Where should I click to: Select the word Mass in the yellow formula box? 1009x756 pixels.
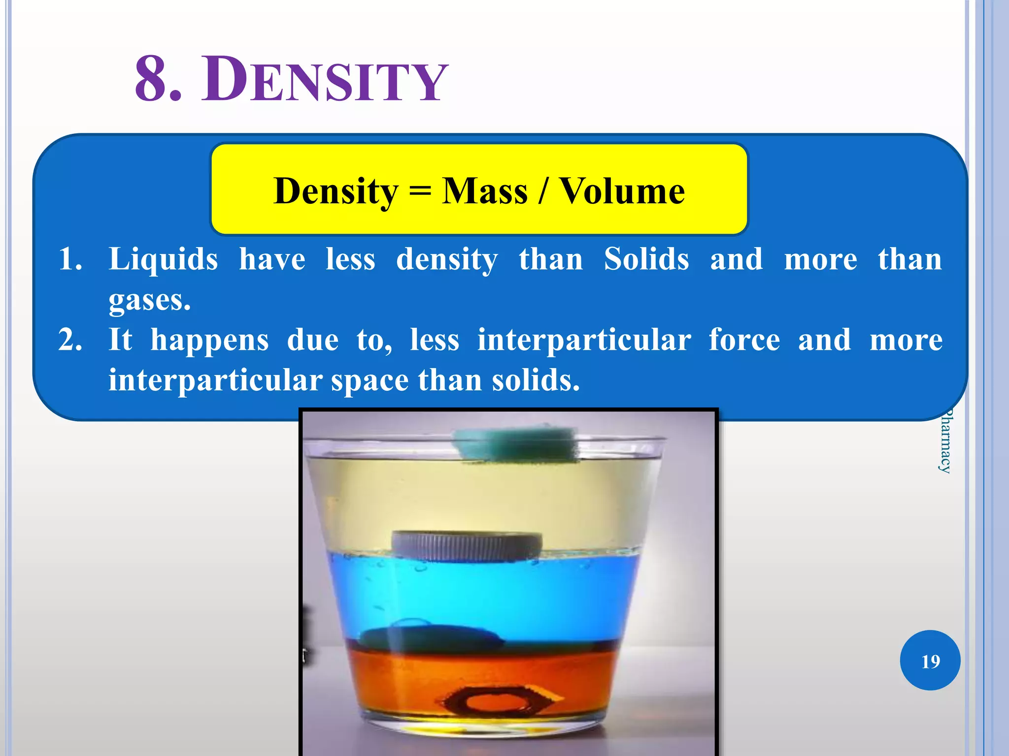click(485, 191)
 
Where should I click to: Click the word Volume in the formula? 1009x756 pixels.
click(623, 191)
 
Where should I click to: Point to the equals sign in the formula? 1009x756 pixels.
click(420, 192)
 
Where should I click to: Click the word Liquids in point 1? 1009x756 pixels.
click(163, 259)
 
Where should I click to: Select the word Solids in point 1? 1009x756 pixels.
click(646, 259)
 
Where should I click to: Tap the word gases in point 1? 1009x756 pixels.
click(149, 300)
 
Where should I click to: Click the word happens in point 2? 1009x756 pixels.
click(210, 341)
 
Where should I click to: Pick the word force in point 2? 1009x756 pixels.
click(744, 341)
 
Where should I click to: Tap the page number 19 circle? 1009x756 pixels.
click(930, 661)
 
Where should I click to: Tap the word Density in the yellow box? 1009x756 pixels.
click(336, 191)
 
